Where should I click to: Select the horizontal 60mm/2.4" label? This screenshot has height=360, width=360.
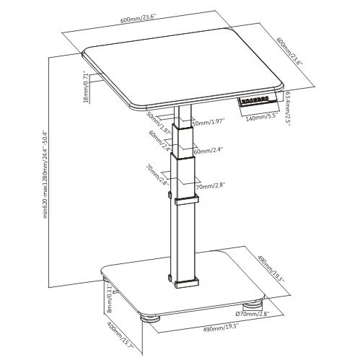click(x=209, y=150)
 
